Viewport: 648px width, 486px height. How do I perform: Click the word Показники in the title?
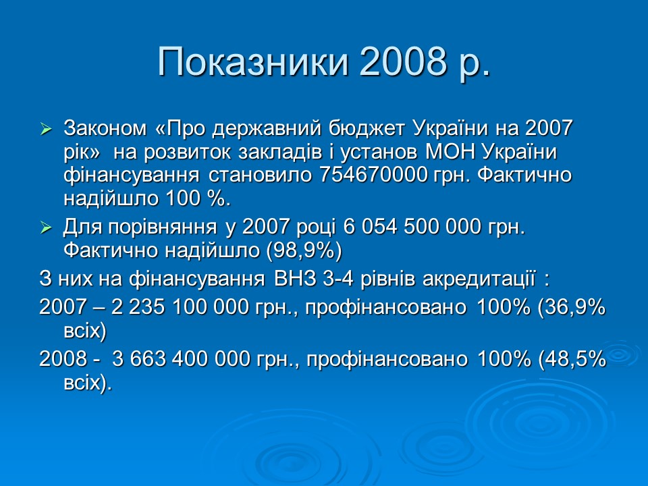[252, 62]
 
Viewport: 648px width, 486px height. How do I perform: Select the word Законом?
[105, 128]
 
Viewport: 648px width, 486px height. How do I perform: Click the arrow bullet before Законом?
[46, 128]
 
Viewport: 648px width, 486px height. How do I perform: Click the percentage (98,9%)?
[304, 250]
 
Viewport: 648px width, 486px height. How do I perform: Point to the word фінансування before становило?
[131, 175]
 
